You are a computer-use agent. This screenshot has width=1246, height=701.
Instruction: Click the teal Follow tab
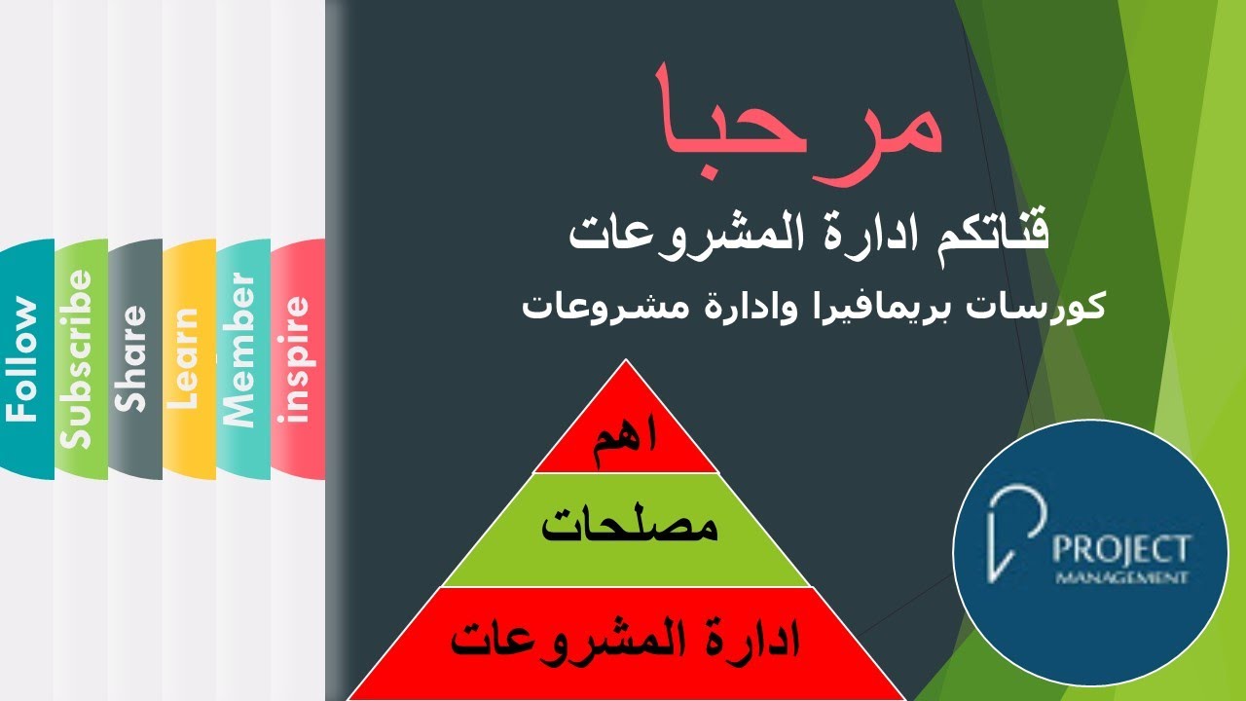pyautogui.click(x=25, y=359)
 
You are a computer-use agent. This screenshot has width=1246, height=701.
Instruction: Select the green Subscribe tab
pyautogui.click(x=78, y=359)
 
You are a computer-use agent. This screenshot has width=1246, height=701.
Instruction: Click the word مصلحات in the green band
pyautogui.click(x=629, y=527)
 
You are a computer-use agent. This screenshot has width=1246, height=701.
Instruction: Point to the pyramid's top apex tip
pyautogui.click(x=626, y=362)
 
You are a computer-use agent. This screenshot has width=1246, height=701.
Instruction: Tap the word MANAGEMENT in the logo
pyautogui.click(x=1121, y=578)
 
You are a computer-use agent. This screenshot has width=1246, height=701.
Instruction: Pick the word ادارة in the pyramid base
pyautogui.click(x=750, y=641)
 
